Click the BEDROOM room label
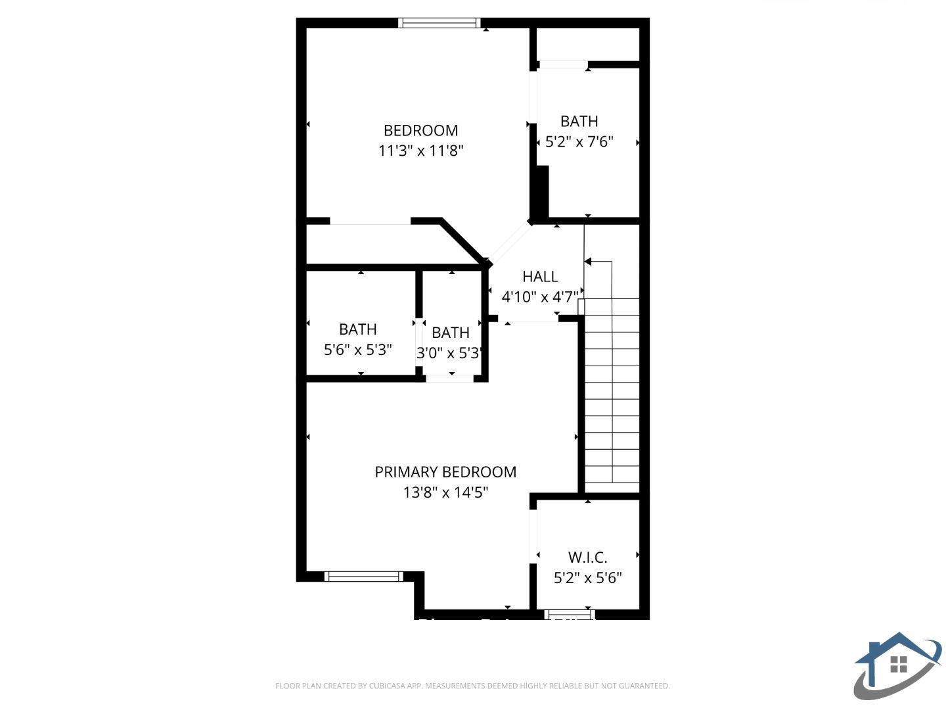tap(420, 130)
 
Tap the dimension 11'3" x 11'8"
tap(420, 151)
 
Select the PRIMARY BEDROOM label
tap(445, 471)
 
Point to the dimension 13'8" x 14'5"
tap(445, 492)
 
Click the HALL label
tap(540, 276)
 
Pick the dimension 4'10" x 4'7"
tap(540, 296)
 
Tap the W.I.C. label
tap(587, 557)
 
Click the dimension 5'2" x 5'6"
tap(587, 578)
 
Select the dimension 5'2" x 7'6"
tap(579, 141)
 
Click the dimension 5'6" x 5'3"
tap(358, 349)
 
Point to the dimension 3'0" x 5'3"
tap(451, 353)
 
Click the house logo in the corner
tap(897, 665)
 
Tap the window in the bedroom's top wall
tap(439, 23)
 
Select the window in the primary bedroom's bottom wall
tap(363, 577)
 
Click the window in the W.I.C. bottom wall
tap(570, 615)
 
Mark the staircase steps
tap(612, 394)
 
